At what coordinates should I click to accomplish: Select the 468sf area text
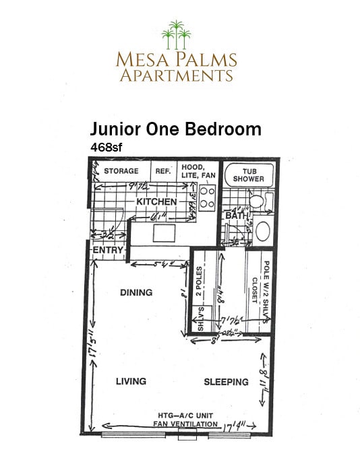point(107,145)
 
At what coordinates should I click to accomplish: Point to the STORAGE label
point(121,171)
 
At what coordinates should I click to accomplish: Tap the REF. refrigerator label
point(163,171)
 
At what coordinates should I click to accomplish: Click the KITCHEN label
point(156,202)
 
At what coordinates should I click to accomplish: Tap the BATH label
point(234,216)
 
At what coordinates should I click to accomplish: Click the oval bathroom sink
point(262,231)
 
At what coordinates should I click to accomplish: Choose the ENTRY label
point(108,251)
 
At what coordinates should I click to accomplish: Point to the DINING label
point(136,293)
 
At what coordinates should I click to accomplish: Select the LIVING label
point(131,381)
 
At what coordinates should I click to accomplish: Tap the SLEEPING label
point(227,382)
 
